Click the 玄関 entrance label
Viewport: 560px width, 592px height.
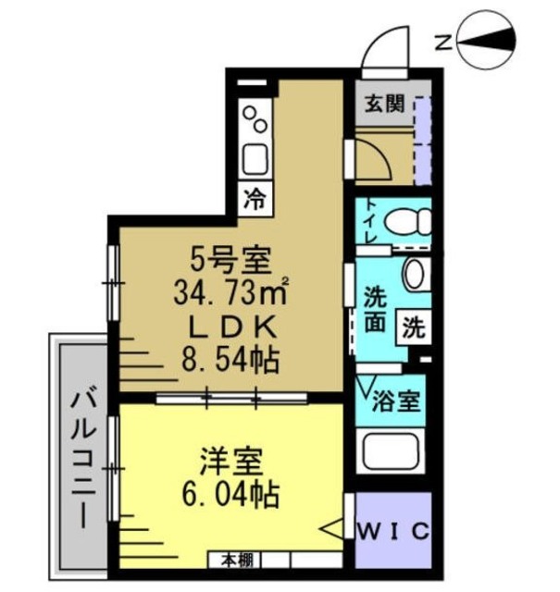coord(384,103)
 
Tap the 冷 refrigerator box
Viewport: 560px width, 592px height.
coord(255,199)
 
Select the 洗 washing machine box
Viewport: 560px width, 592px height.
coord(414,327)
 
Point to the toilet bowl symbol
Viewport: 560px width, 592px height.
coord(407,222)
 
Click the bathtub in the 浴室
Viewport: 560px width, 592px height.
coord(391,451)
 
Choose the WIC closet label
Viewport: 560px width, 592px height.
coord(393,532)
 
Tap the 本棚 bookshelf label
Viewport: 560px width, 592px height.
coord(237,561)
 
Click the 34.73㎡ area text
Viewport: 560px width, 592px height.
coord(231,292)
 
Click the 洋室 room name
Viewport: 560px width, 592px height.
coord(230,462)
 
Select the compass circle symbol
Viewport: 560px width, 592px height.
coord(486,42)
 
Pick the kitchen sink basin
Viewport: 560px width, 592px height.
coord(255,160)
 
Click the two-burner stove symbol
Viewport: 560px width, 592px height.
coord(255,119)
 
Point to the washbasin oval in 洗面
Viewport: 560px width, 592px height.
coord(414,275)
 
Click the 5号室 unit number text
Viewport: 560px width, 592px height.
coord(230,260)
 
